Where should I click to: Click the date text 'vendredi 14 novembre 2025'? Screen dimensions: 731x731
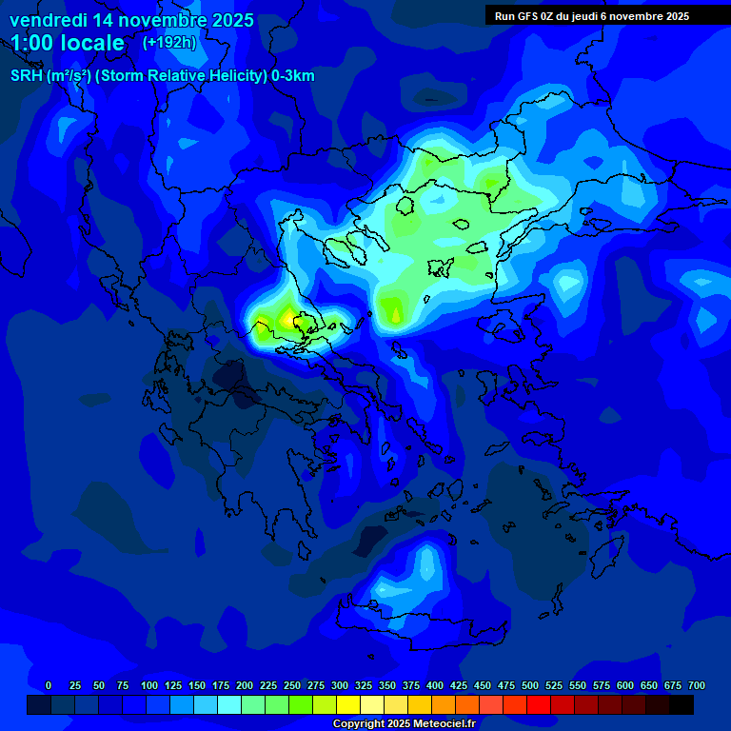(x=131, y=20)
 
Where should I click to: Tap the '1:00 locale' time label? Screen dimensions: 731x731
(x=68, y=43)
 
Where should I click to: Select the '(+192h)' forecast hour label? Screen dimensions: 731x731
(x=169, y=43)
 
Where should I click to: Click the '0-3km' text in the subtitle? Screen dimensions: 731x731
(x=292, y=76)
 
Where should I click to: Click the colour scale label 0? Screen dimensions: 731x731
(x=49, y=686)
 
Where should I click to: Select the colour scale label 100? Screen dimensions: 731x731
(x=149, y=686)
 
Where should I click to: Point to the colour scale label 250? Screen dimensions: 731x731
(x=292, y=686)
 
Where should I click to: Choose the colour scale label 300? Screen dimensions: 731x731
(x=340, y=686)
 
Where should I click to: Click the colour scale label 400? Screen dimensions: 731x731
(x=435, y=686)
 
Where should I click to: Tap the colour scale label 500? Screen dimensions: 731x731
(x=530, y=686)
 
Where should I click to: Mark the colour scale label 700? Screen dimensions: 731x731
(x=697, y=686)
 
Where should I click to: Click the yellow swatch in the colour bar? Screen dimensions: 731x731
(x=348, y=705)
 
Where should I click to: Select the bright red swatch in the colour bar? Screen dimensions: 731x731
(x=539, y=705)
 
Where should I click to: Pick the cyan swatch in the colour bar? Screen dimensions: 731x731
(x=229, y=705)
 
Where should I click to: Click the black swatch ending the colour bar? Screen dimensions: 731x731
(x=682, y=705)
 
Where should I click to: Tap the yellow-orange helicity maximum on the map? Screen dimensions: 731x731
(x=288, y=319)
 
